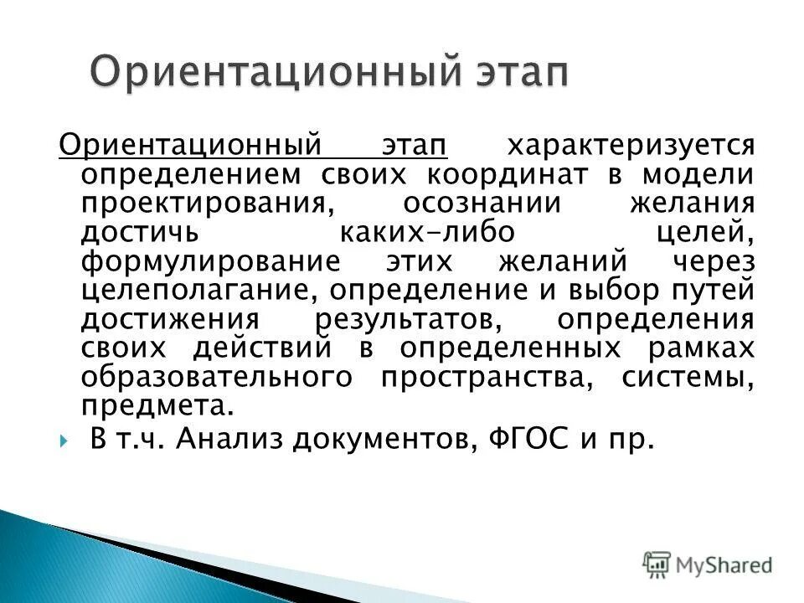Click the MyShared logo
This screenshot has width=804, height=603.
pos(709,564)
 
